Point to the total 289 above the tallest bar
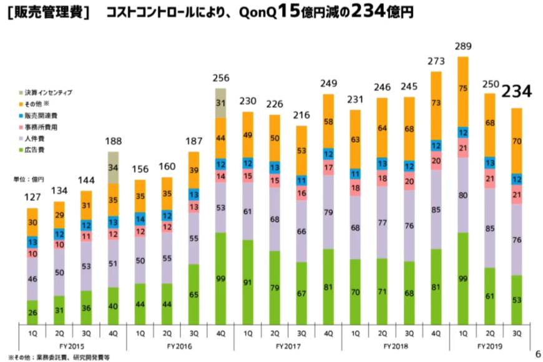click(463, 47)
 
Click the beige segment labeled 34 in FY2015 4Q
click(113, 168)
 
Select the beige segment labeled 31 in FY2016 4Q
click(221, 103)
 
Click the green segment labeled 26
click(32, 312)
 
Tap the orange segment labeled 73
click(436, 103)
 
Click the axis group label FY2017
click(288, 345)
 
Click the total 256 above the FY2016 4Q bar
click(221, 78)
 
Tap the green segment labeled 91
click(248, 281)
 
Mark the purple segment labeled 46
click(32, 280)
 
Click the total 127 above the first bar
click(32, 198)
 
